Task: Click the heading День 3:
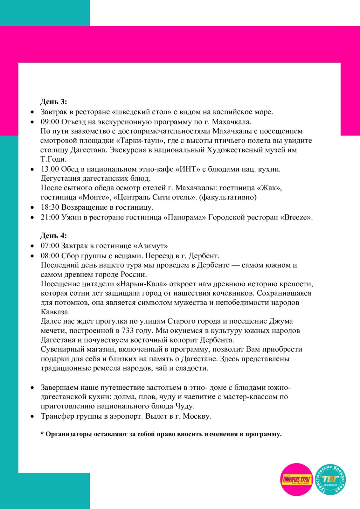click(53, 102)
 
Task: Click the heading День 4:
click(53, 236)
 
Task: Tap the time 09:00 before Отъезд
click(50, 122)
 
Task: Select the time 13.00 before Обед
click(50, 169)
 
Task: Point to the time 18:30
click(50, 207)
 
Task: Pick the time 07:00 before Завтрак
click(50, 246)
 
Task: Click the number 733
click(128, 331)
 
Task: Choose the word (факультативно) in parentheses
click(228, 197)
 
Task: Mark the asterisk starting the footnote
click(42, 434)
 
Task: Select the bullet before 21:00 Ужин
click(32, 218)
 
